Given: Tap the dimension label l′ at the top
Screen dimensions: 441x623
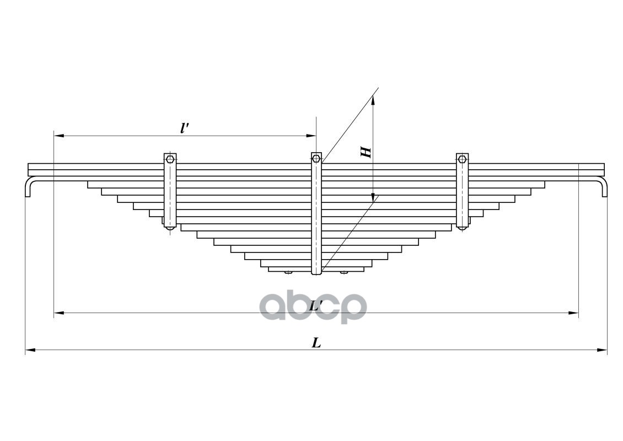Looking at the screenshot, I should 185,128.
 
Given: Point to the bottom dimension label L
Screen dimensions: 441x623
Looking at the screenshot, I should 316,343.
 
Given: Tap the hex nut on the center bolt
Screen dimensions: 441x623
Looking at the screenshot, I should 316,159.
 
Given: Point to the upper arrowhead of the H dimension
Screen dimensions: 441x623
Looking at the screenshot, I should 373,100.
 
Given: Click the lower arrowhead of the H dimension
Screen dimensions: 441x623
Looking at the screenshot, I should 373,197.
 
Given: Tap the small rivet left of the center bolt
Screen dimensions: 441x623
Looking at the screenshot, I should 288,272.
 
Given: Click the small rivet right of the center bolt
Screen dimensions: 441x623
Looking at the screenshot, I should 344,272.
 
